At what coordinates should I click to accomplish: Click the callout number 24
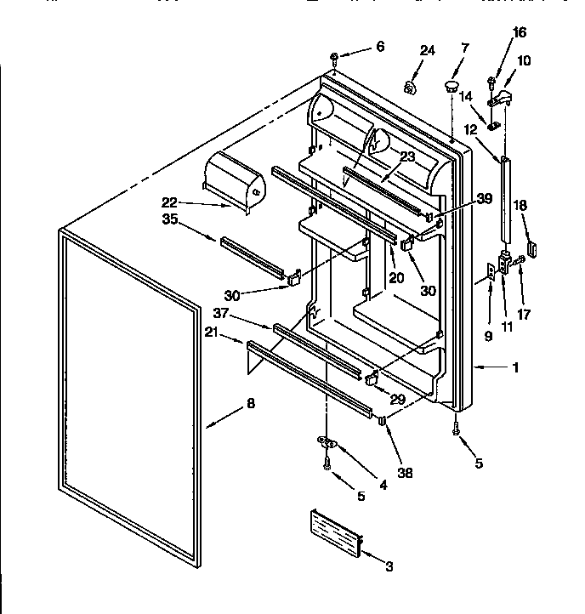tap(427, 51)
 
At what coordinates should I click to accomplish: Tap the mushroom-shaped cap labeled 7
tap(449, 86)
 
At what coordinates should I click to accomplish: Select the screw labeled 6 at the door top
tap(334, 59)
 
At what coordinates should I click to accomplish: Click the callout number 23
tap(406, 156)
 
